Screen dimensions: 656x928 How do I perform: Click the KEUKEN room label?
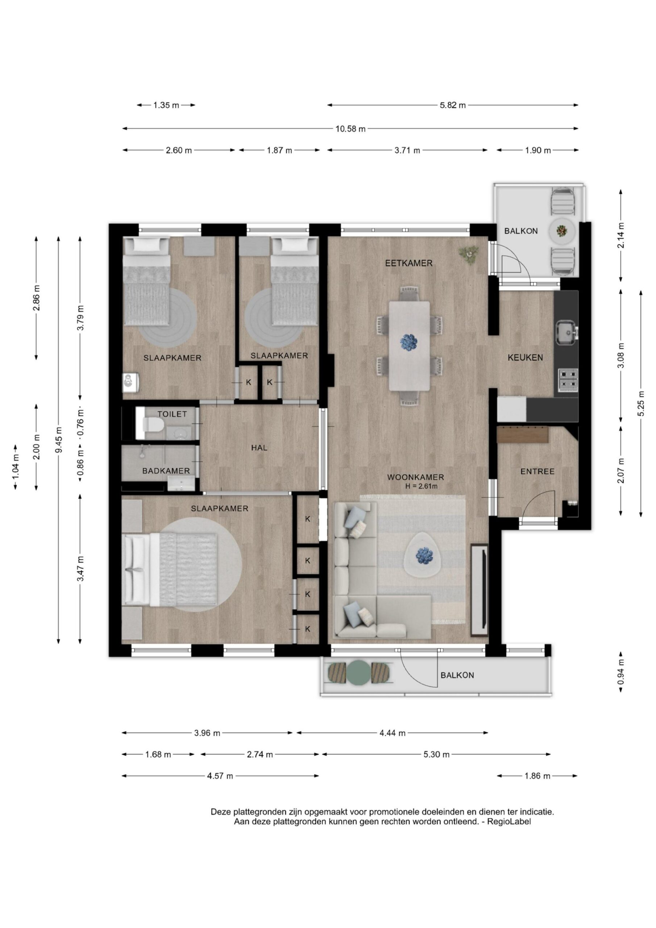(525, 357)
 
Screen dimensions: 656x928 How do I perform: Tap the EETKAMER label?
(408, 263)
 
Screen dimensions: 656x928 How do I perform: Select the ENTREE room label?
(537, 471)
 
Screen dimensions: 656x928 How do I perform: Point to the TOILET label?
(172, 414)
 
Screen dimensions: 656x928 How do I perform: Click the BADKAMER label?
(166, 471)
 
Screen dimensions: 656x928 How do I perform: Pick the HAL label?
(259, 448)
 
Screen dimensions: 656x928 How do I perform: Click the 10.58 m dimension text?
(350, 129)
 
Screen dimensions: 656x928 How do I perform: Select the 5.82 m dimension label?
(453, 105)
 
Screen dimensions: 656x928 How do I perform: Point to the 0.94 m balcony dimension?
(621, 671)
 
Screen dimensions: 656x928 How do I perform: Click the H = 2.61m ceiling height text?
(422, 486)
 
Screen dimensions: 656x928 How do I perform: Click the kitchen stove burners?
(568, 380)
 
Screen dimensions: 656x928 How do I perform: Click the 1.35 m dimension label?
(166, 105)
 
